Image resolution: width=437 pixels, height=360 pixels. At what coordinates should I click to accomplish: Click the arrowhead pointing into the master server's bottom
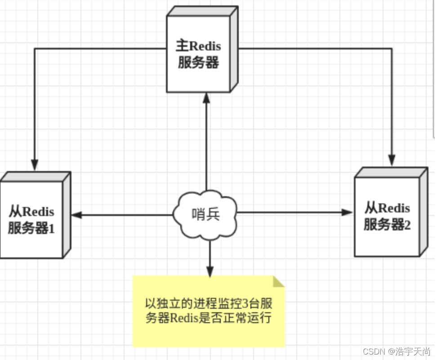coord(206,98)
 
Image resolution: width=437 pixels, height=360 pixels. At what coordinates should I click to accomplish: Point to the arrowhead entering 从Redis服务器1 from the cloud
coord(77,215)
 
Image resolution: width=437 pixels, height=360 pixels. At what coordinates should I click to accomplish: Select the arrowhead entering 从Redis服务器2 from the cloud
coord(347,212)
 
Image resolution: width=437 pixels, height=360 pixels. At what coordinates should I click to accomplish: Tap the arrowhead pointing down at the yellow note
coord(209,271)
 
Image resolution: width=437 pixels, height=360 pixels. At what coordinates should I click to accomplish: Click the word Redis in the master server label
coord(205,46)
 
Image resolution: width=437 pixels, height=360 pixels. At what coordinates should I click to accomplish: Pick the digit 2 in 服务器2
coord(407,225)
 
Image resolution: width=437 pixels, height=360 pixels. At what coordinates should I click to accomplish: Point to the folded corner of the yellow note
coord(279,281)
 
